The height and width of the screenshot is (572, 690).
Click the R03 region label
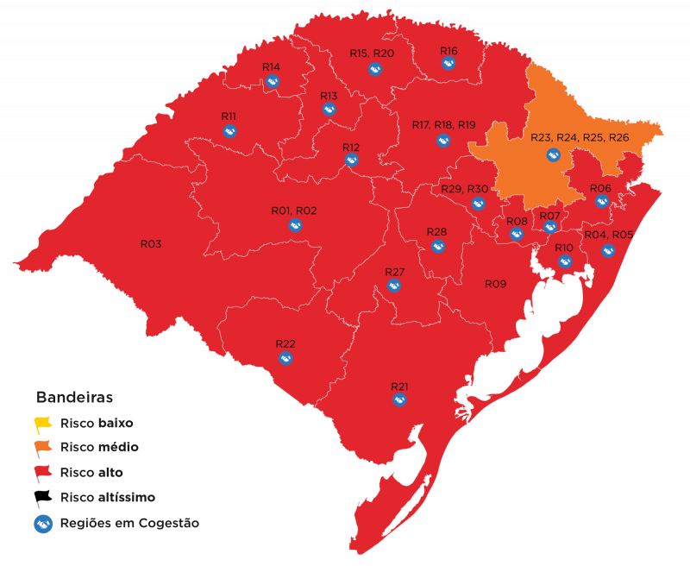tap(151, 244)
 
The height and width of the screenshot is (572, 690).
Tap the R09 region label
tap(494, 284)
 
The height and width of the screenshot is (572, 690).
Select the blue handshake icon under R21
tap(399, 400)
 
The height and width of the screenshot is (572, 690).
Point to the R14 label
tap(271, 67)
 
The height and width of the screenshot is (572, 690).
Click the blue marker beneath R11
tap(229, 131)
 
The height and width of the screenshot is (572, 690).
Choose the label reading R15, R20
tap(372, 53)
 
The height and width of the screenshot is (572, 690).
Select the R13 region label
tap(329, 96)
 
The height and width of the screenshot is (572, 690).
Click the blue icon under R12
tap(351, 160)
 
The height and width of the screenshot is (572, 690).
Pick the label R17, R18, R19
tap(443, 125)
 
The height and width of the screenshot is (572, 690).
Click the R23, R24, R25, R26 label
tap(580, 138)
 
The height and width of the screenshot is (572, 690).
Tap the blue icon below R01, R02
tap(295, 225)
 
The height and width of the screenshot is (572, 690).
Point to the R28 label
tap(436, 232)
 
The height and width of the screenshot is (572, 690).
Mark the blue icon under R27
tap(394, 286)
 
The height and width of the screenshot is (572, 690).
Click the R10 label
tap(564, 248)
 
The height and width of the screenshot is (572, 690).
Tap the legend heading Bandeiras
tap(74, 398)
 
